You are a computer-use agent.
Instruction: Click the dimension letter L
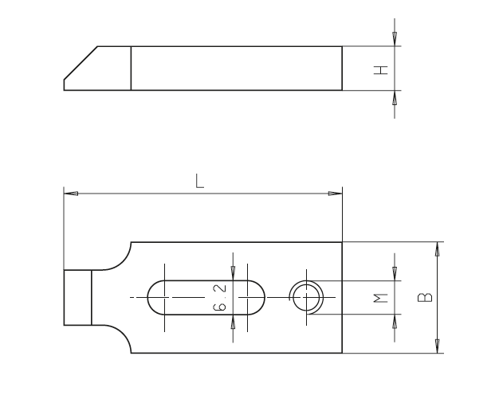tap(200, 180)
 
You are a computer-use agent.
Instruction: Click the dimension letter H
tap(382, 70)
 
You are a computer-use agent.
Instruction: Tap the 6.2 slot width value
tap(221, 297)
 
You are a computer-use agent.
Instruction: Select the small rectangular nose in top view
tap(77, 297)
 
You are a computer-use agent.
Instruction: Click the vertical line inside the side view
tap(131, 68)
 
